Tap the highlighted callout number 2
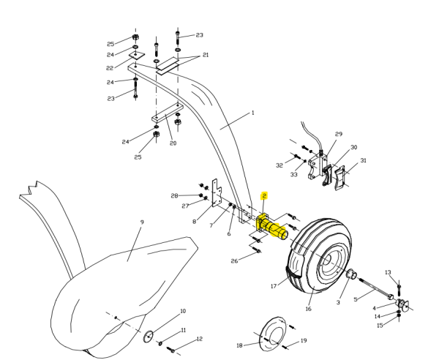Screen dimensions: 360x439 264,196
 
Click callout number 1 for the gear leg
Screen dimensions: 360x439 252,113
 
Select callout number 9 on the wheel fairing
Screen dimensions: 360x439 142,222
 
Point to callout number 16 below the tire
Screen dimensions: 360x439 308,309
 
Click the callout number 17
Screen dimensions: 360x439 274,286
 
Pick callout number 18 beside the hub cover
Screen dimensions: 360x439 239,345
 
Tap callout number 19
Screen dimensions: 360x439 304,340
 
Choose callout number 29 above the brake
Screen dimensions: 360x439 339,135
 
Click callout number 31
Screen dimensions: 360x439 363,160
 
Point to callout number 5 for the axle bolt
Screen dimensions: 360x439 356,299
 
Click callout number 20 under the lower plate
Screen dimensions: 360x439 173,143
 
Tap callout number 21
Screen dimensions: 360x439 206,55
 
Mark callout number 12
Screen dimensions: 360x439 199,339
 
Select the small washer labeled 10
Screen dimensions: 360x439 148,336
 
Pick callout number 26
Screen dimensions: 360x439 234,261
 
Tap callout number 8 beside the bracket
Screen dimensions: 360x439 194,221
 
